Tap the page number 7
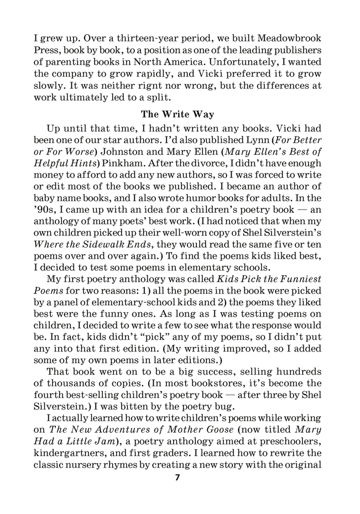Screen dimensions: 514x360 pos(178,478)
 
